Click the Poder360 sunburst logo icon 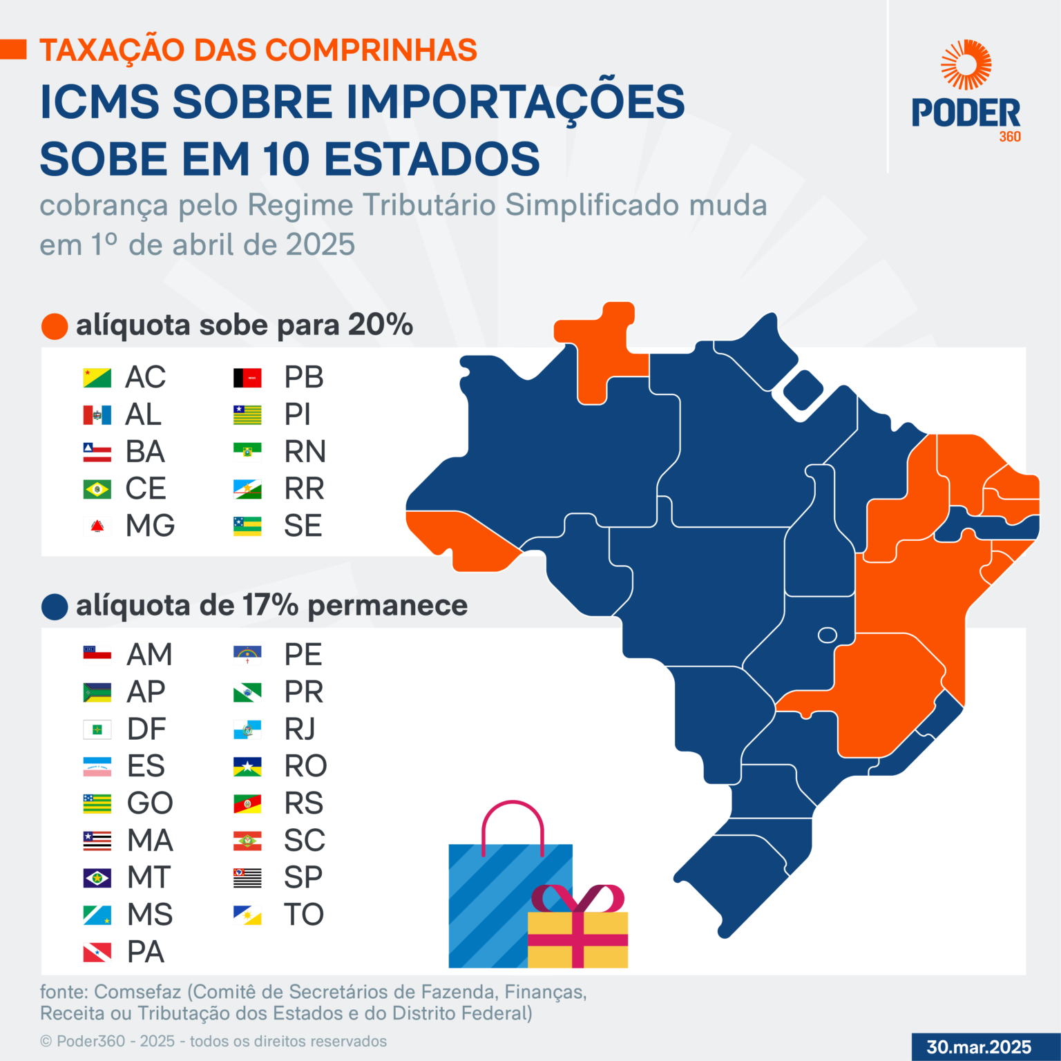click(x=966, y=65)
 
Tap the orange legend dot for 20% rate click(x=55, y=326)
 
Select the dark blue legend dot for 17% click(x=55, y=606)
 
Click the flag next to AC click(x=97, y=378)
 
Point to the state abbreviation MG click(x=150, y=526)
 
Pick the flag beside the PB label click(x=247, y=378)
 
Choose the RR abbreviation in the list click(x=304, y=489)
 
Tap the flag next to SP click(x=247, y=878)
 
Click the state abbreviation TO click(x=304, y=915)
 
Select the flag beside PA click(x=97, y=953)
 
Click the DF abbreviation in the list click(x=146, y=729)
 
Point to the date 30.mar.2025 click(x=979, y=1047)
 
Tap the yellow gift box click(x=577, y=939)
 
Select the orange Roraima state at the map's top click(x=600, y=352)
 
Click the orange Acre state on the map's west click(x=463, y=539)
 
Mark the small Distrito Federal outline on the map click(x=827, y=635)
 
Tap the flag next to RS click(x=247, y=803)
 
